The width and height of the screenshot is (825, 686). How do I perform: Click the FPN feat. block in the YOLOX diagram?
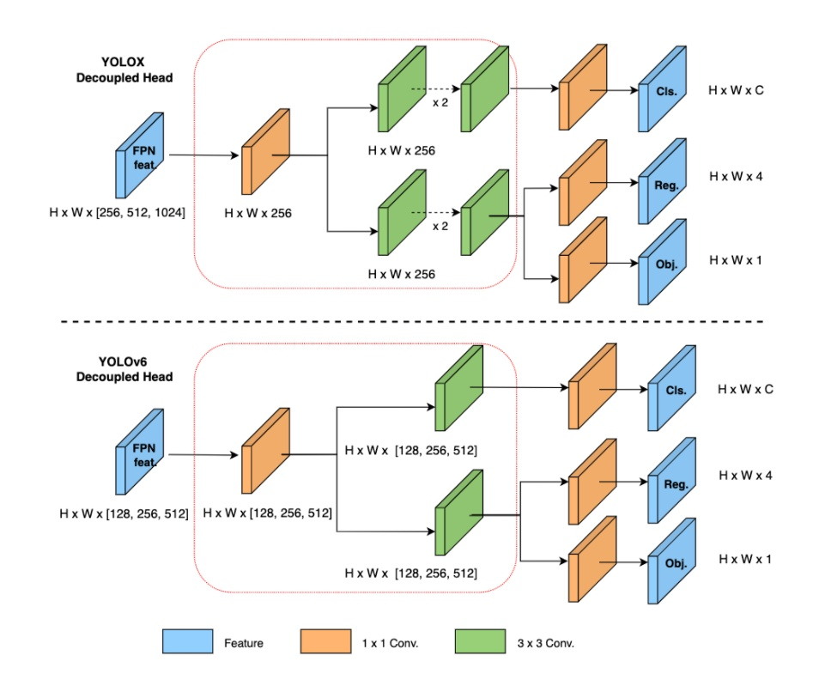(x=139, y=155)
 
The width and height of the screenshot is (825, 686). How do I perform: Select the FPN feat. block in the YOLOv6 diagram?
(x=139, y=452)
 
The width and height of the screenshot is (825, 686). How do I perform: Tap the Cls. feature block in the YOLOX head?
(x=663, y=89)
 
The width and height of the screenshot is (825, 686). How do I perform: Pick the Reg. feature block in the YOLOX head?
(x=663, y=181)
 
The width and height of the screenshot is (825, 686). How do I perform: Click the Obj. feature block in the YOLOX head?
(x=663, y=262)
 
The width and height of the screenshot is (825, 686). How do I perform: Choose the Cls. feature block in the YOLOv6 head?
(x=672, y=388)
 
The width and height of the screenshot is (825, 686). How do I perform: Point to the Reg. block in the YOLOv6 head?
(x=672, y=480)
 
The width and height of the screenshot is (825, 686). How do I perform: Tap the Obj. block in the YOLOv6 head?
(x=672, y=561)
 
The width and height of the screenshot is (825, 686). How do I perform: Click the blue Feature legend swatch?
(x=188, y=641)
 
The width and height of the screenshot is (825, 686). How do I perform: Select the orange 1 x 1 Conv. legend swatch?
(x=325, y=641)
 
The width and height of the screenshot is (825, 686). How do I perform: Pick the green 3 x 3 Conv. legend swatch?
(x=481, y=641)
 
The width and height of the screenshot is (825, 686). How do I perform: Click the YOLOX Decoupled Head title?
(x=124, y=70)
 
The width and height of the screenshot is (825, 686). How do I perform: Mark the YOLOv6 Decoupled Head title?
(x=124, y=369)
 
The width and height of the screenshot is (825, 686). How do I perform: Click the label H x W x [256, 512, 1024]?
(x=118, y=213)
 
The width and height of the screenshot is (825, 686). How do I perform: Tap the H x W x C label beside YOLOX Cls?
(x=736, y=90)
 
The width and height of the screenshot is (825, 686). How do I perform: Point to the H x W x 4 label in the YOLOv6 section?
(x=745, y=476)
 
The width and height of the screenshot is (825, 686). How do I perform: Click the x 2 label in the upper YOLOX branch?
(x=440, y=102)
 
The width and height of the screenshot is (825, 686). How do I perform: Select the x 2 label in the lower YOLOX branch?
(x=440, y=226)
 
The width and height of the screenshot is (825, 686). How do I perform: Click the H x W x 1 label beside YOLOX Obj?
(x=735, y=260)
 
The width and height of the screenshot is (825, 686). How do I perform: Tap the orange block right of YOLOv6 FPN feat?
(x=265, y=451)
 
